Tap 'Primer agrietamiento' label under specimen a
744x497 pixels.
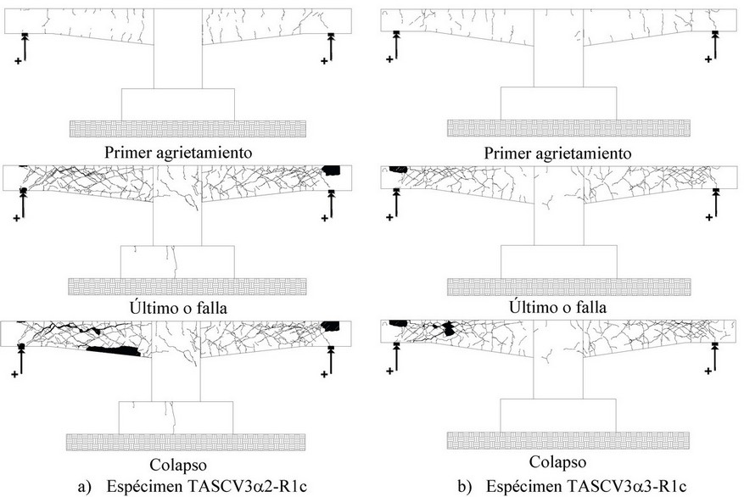[x=176, y=153]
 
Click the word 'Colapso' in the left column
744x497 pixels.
[x=176, y=465]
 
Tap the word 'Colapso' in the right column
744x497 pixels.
[x=557, y=462]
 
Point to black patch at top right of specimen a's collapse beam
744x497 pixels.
[x=331, y=326]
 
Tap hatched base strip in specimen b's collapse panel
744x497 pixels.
[x=557, y=441]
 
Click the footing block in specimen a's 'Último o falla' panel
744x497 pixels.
[x=176, y=261]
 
